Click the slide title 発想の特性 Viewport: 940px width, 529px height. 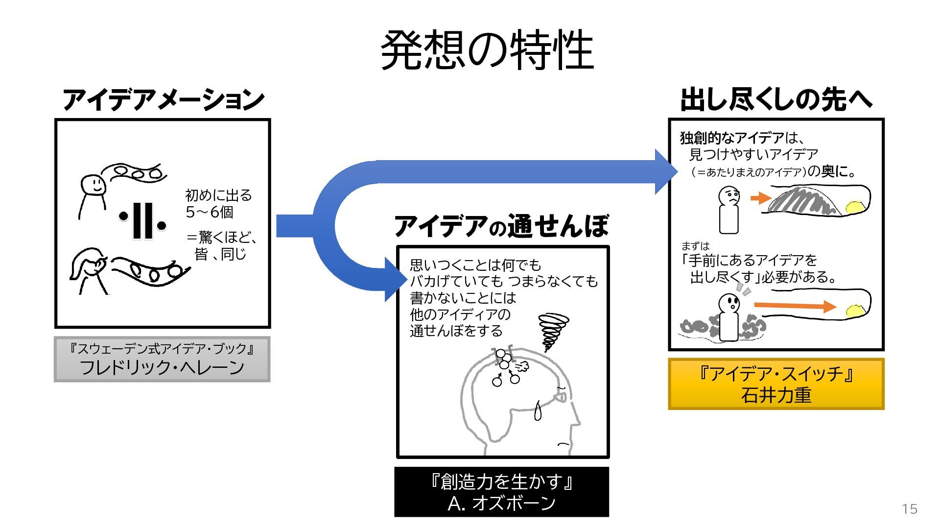487,50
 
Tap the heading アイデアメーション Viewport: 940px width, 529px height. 164,99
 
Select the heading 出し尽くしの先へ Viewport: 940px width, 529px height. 776,99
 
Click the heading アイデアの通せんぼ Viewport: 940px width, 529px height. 502,226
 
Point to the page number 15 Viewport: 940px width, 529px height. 910,509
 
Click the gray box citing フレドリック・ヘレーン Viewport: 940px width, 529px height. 162,359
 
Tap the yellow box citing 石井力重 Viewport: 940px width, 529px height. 776,384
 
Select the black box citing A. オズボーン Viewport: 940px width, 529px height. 502,492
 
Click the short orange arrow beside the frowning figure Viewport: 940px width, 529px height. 761,198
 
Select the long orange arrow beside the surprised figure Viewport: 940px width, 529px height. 795,306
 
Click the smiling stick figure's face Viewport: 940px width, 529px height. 93,185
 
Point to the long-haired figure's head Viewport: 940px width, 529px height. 90,264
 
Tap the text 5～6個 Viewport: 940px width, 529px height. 210,212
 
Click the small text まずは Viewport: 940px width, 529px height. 695,246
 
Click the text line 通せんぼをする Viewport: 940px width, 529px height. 456,331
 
